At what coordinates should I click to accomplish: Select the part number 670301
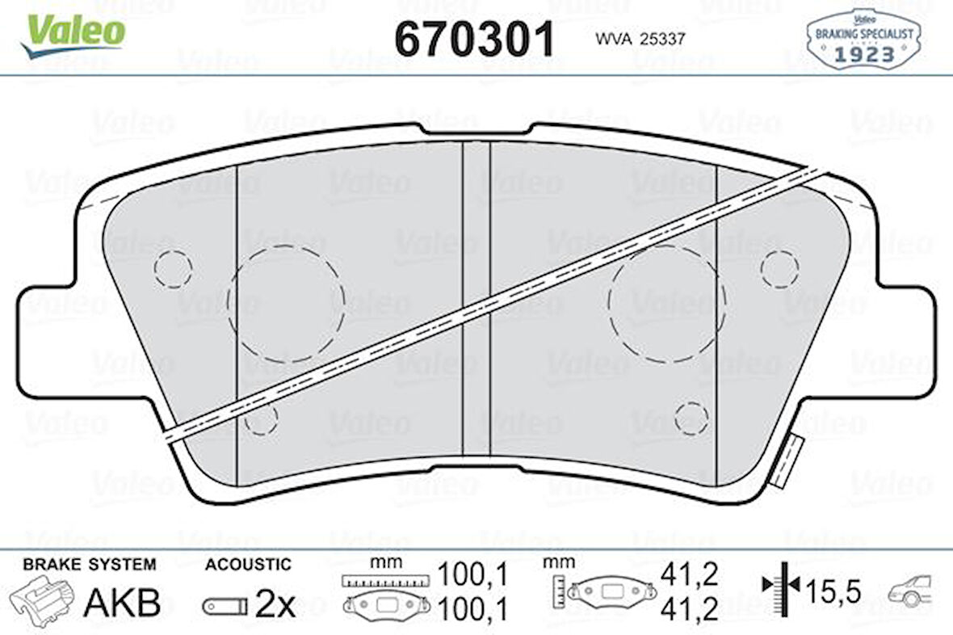click(x=475, y=38)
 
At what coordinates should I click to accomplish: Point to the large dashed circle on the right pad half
click(x=667, y=303)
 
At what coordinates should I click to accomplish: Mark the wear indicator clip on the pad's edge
click(x=785, y=460)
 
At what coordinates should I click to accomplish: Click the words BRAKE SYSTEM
click(x=89, y=564)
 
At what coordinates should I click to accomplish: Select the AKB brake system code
click(x=123, y=603)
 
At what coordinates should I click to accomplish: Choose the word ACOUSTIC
click(x=247, y=564)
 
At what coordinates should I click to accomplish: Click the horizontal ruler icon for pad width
click(x=384, y=580)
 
